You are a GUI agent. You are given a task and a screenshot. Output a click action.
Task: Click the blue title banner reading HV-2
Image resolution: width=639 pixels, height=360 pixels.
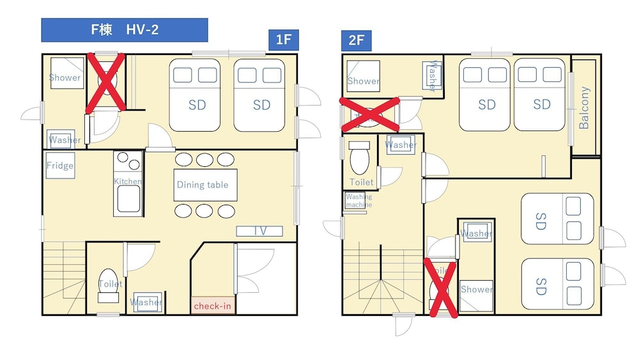(x=125, y=29)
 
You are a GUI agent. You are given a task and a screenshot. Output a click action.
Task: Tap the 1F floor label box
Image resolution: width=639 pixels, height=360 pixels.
(x=283, y=40)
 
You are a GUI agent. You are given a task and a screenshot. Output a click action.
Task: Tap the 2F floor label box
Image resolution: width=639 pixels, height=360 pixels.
(x=357, y=40)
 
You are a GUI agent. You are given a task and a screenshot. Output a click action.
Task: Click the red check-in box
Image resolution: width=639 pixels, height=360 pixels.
(x=212, y=306)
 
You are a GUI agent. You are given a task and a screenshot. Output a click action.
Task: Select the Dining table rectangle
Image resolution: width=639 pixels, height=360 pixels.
(x=202, y=185)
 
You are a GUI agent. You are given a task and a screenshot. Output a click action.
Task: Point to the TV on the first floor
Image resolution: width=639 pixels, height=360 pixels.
(x=259, y=231)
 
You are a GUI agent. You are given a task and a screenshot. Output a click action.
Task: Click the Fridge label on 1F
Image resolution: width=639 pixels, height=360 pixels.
(x=60, y=166)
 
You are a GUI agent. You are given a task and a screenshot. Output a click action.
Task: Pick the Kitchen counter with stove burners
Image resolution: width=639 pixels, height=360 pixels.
(x=128, y=183)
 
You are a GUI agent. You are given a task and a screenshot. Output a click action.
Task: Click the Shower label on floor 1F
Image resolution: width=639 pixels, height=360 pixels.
(x=65, y=77)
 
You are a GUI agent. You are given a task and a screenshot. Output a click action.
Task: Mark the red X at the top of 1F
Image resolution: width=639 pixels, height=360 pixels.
(x=105, y=83)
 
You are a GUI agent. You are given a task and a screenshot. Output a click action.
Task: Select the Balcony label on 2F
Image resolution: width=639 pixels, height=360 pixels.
(x=583, y=107)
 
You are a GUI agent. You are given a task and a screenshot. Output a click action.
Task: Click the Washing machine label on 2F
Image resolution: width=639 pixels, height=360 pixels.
(x=358, y=201)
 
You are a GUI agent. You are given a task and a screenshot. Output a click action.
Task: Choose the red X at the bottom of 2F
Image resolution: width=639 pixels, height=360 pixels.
(x=441, y=289)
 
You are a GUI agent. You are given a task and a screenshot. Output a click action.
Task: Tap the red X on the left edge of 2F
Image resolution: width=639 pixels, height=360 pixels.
(x=369, y=114)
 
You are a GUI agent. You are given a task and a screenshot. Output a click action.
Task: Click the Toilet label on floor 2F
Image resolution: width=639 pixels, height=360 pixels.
(x=362, y=182)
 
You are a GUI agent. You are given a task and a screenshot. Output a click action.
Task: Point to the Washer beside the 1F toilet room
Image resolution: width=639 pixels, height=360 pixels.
(x=146, y=302)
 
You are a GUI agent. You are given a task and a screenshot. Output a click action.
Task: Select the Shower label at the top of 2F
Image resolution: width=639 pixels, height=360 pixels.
(x=364, y=81)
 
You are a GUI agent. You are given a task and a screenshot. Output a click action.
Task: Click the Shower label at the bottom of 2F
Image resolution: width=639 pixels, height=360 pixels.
(x=477, y=289)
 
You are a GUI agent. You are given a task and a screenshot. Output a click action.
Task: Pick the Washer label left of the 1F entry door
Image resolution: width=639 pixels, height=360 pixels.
(x=65, y=139)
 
